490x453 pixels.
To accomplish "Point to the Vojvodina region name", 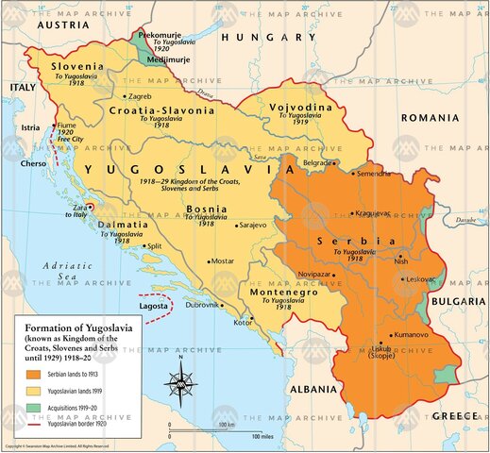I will [x=301, y=109].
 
